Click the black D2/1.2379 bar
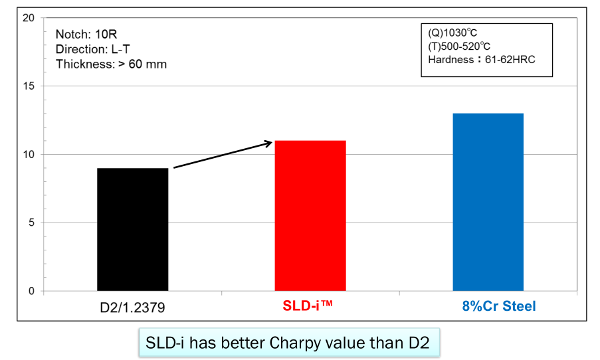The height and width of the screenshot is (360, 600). click(x=132, y=229)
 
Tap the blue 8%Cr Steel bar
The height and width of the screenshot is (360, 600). click(x=488, y=202)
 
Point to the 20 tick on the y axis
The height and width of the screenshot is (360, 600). click(x=29, y=18)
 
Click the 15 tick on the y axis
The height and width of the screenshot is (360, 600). click(x=29, y=86)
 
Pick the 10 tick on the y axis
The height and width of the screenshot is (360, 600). click(x=29, y=155)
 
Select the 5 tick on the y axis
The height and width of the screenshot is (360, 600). click(x=31, y=223)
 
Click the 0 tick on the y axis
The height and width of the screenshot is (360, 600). click(x=31, y=292)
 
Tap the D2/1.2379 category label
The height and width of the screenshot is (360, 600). click(x=132, y=307)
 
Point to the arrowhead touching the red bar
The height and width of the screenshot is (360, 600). click(x=269, y=141)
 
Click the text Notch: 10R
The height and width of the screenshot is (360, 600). click(x=84, y=34)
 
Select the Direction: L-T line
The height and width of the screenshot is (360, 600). click(x=92, y=48)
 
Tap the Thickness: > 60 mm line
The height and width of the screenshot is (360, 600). click(x=111, y=64)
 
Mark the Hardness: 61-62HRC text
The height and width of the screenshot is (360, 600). click(x=482, y=60)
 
